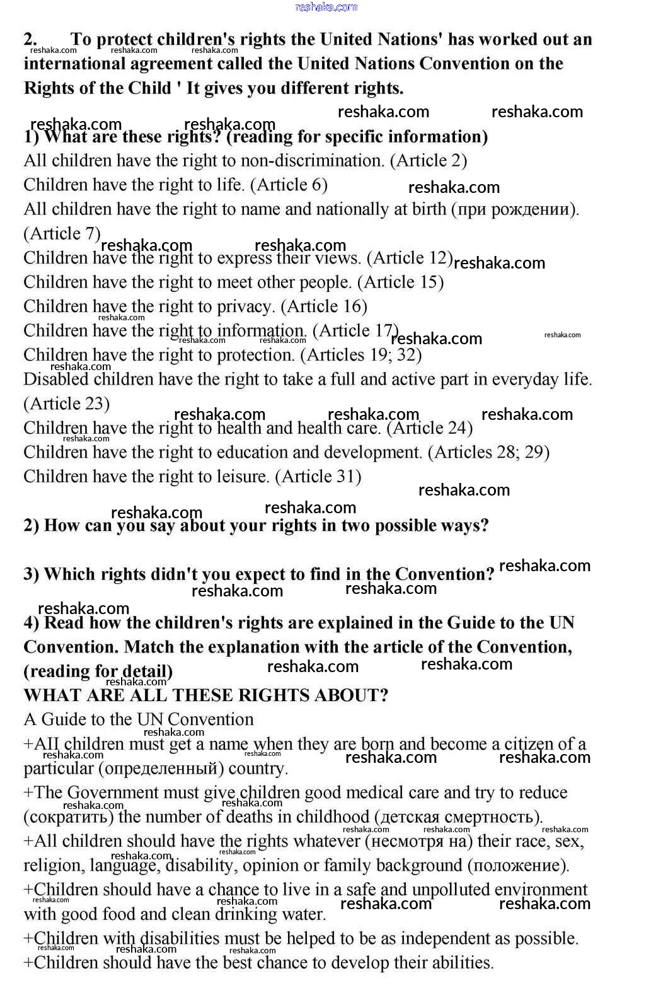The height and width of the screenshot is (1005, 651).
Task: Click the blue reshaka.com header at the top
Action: click(326, 7)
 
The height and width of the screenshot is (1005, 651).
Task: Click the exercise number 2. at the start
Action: click(31, 39)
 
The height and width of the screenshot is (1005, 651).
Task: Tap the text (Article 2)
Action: click(429, 161)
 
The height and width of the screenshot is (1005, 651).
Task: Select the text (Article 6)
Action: click(289, 185)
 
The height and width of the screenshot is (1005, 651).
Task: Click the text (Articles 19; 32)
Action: click(361, 355)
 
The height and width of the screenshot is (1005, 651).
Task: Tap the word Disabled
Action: click(55, 380)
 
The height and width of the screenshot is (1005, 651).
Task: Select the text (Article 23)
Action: click(67, 404)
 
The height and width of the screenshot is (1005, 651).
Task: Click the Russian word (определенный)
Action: click(161, 769)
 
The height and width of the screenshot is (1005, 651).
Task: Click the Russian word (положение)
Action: click(518, 866)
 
